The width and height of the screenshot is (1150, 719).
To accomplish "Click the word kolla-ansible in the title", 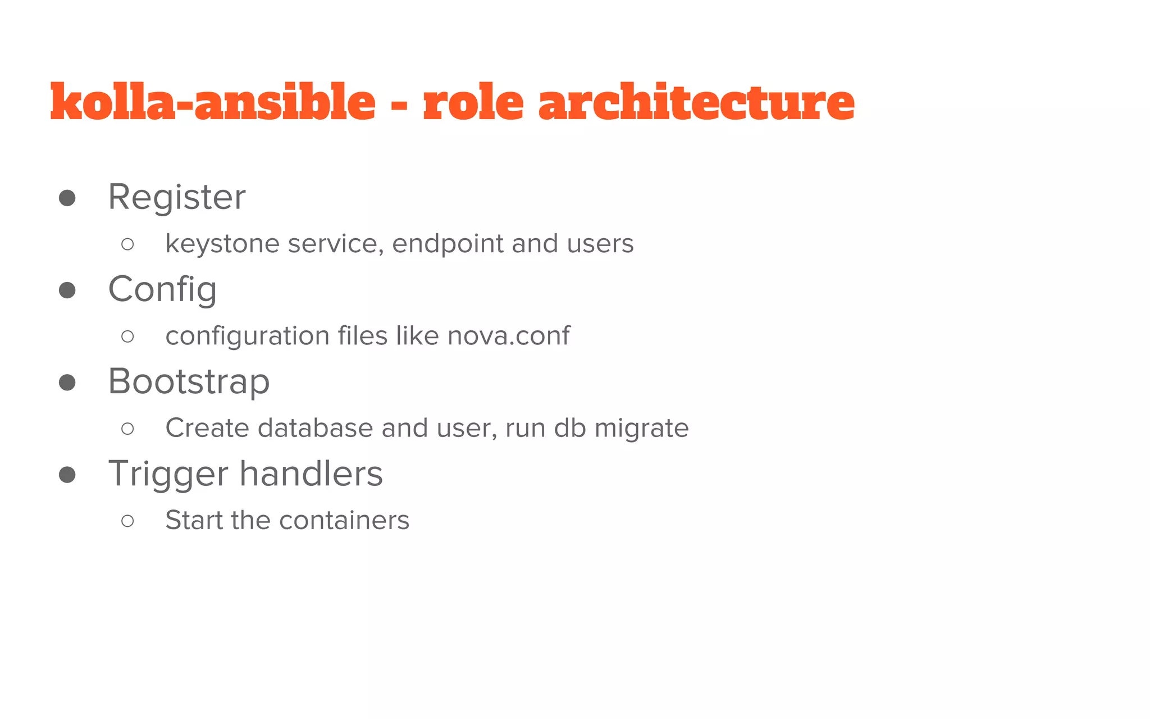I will click(x=213, y=102).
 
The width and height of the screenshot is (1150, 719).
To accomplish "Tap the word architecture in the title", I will click(x=696, y=102).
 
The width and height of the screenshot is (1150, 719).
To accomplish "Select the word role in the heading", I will click(x=473, y=102).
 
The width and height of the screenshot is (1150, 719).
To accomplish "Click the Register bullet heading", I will click(x=177, y=197).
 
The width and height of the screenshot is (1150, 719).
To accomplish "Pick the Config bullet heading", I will click(x=162, y=290).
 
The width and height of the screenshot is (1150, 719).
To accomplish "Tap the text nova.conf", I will click(x=509, y=336).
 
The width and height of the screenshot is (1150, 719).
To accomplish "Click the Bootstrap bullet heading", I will click(x=189, y=382).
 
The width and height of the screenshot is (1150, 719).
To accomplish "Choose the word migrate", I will click(x=641, y=429).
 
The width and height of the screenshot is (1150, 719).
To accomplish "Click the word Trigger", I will click(x=169, y=475).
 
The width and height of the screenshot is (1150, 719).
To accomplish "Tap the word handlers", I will click(x=312, y=474).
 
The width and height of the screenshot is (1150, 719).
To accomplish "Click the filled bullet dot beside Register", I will click(x=67, y=198).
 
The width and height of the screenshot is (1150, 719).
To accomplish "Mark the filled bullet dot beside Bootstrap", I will click(x=67, y=383).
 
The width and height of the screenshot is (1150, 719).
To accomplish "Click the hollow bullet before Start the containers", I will click(x=127, y=521).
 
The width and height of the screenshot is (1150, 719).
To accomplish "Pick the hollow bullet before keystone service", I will click(x=127, y=244).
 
